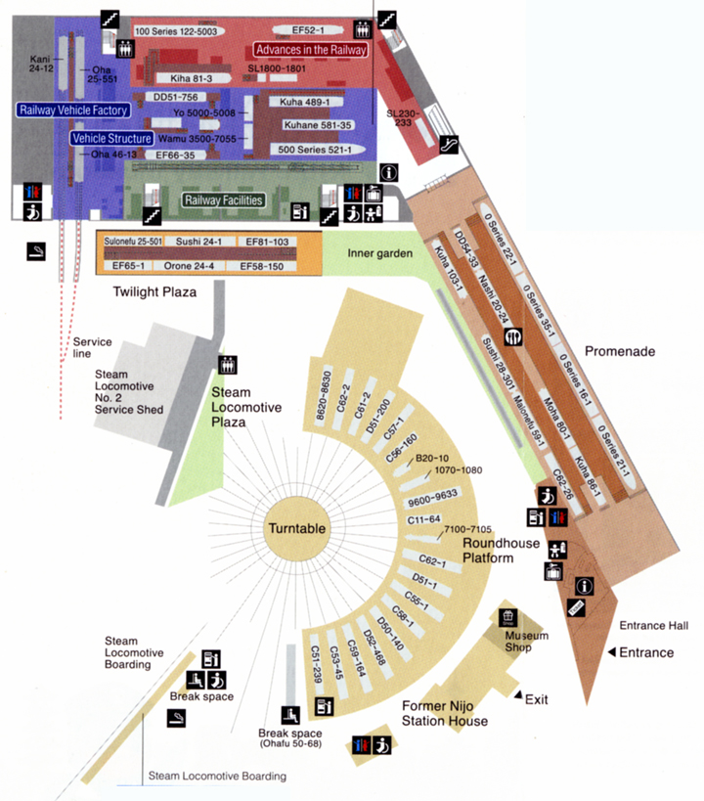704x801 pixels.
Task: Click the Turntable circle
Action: [294, 528]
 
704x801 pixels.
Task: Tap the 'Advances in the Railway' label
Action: [310, 50]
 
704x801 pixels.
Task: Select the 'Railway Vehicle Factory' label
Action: [73, 111]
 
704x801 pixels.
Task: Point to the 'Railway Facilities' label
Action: [224, 200]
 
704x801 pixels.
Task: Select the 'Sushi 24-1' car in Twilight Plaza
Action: [199, 241]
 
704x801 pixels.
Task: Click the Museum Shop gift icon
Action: [507, 616]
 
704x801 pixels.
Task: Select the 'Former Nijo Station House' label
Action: [445, 713]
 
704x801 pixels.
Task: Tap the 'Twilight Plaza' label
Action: [154, 291]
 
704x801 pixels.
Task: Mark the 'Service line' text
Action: [93, 348]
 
